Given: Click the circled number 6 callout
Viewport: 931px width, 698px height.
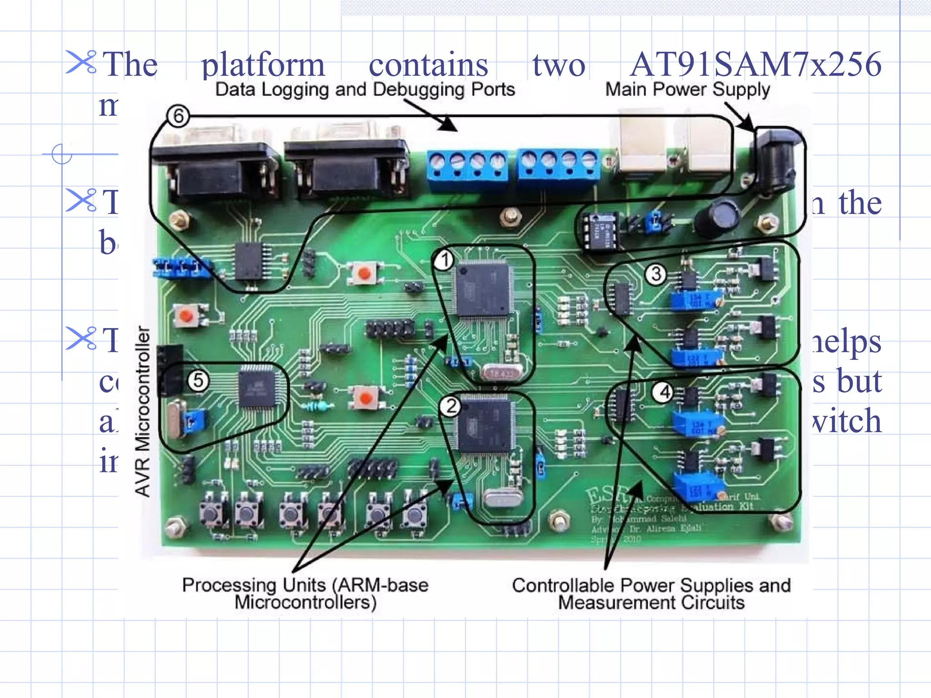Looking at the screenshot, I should (x=178, y=116).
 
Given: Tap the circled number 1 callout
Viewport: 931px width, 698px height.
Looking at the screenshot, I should (x=444, y=260).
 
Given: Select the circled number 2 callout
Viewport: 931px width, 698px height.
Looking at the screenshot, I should (x=450, y=406).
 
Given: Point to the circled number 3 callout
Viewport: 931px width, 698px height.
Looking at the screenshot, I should (x=656, y=274).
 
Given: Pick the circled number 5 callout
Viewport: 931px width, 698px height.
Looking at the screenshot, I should (x=198, y=380).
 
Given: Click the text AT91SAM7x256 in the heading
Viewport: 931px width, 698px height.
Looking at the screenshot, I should (x=756, y=64).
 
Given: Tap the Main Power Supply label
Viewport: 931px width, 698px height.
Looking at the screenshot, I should (x=687, y=90).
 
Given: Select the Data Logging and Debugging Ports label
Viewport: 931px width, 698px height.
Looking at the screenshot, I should (x=365, y=90).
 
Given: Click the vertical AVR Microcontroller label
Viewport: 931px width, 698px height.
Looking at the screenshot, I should (x=143, y=411).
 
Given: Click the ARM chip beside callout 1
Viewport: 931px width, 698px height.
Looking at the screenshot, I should (x=483, y=289).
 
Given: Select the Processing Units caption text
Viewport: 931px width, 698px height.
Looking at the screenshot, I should (x=305, y=593).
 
